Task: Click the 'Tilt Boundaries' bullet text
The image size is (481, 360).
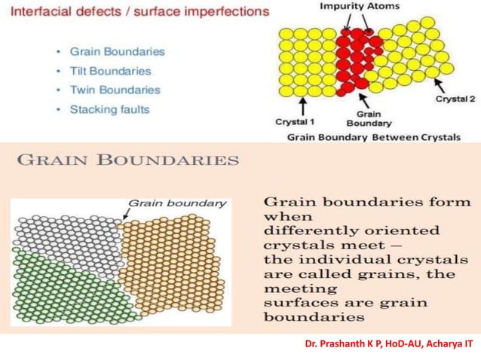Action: pos(110,72)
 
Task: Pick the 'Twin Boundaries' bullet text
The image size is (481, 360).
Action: pos(115,90)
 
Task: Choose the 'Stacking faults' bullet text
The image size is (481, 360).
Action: pos(110,109)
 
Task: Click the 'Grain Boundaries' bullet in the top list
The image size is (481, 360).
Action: pos(117,52)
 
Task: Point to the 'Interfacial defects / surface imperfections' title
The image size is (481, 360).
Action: pos(135,13)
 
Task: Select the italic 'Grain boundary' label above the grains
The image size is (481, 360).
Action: pos(177,203)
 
